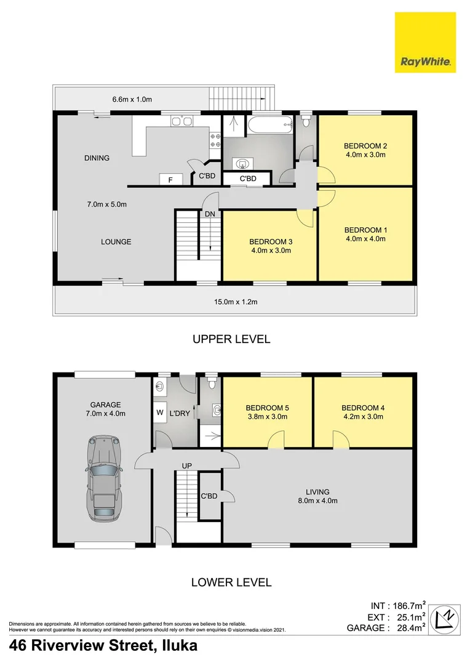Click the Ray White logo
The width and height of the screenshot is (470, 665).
click(426, 43)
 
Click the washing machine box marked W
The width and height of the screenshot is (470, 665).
click(159, 413)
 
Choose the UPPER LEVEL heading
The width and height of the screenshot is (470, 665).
click(231, 339)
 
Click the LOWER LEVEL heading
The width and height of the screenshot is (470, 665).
click(231, 582)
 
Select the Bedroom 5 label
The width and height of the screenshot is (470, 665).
click(267, 408)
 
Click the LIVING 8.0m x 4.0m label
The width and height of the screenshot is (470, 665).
click(317, 496)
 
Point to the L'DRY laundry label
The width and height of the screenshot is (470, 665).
click(179, 413)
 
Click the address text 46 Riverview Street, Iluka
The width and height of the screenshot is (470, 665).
click(103, 646)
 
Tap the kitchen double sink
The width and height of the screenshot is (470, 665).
click(179, 121)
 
